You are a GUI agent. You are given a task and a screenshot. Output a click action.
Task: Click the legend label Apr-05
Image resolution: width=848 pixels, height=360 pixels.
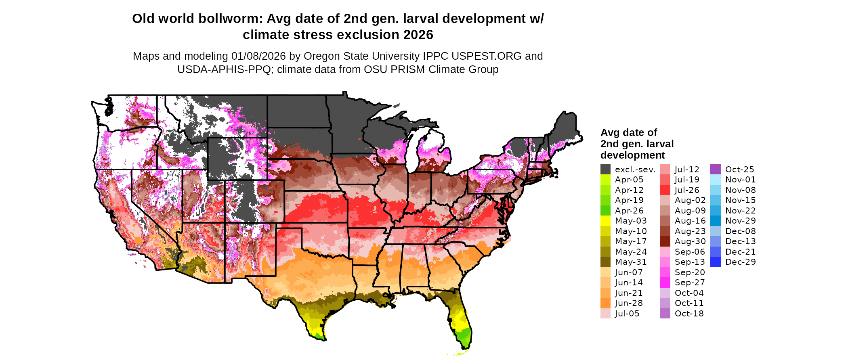(x=629, y=180)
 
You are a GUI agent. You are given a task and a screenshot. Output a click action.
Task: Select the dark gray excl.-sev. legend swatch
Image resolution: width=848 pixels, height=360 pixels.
(x=605, y=170)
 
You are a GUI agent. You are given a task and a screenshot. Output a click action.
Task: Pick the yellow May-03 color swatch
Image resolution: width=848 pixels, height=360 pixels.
(x=605, y=221)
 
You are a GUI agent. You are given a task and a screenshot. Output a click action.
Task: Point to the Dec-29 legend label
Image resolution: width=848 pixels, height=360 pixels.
(x=740, y=262)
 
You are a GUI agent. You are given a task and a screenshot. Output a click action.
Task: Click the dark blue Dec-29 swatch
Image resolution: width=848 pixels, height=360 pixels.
(x=715, y=262)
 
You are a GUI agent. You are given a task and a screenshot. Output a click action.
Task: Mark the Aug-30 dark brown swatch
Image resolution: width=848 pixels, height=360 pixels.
(x=665, y=241)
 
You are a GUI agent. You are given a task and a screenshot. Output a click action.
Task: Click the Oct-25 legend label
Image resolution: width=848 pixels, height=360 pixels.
(x=739, y=170)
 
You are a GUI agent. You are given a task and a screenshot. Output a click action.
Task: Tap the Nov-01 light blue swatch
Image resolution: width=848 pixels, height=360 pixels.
(x=715, y=180)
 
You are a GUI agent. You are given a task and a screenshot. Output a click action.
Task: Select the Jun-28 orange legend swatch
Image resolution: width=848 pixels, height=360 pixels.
(x=605, y=303)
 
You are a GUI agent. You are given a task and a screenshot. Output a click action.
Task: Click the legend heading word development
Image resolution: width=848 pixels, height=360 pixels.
(x=632, y=155)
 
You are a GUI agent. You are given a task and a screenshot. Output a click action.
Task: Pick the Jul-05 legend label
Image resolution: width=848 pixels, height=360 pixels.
(x=627, y=314)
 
